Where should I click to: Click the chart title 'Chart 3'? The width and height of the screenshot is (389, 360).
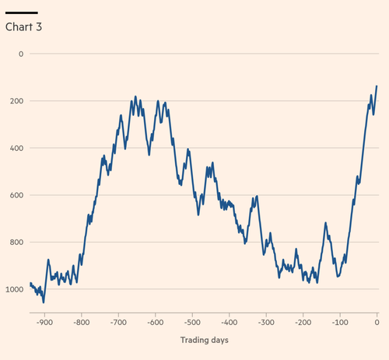23,27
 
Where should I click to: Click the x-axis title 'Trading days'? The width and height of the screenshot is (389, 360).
205,340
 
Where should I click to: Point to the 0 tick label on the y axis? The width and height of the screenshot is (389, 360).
21,54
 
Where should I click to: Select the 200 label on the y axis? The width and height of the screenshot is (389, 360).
16,101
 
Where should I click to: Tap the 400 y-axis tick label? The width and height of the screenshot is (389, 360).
16,148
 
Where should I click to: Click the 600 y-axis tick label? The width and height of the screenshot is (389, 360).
16,195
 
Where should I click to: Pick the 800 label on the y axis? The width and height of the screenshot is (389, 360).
16,242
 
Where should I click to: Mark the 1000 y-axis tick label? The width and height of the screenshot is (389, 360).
15,289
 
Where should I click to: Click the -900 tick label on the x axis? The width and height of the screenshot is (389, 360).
44,323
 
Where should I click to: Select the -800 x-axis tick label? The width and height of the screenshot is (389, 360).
82,323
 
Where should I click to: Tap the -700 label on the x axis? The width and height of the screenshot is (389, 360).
118,323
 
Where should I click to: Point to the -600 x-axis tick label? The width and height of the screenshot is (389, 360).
156,323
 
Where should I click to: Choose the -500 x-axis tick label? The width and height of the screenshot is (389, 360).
192,323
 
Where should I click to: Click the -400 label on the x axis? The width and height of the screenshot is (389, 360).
230,323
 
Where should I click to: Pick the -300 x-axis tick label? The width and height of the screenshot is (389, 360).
266,323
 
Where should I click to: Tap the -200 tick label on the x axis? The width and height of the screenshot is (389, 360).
303,323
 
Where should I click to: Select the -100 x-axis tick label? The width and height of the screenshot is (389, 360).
340,323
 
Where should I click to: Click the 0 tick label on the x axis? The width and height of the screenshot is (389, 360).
377,323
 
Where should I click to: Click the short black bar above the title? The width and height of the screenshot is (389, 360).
22,12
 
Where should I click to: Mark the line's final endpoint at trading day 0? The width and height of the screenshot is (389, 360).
377,86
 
